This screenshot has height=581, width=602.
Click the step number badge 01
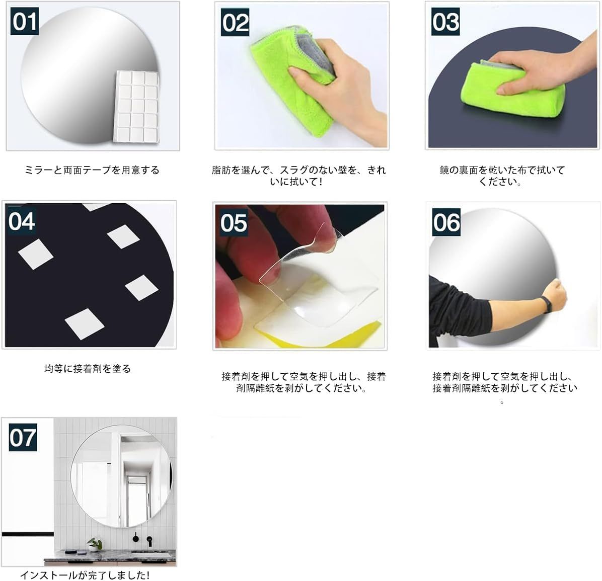point(25,22)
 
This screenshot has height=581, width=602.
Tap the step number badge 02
point(235,22)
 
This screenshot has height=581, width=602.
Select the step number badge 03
point(445,22)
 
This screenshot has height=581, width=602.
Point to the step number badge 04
point(22,221)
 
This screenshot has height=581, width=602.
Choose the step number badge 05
point(234,222)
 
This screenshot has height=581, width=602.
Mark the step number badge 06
point(446,222)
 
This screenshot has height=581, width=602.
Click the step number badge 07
point(23,438)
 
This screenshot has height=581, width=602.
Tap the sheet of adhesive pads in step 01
point(137,107)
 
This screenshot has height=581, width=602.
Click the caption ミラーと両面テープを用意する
point(92,170)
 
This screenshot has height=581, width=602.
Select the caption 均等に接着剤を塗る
point(88,369)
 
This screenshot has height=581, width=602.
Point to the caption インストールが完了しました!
point(85,575)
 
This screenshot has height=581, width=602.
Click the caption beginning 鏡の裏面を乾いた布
point(502,176)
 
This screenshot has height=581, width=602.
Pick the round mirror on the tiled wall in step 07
point(122,476)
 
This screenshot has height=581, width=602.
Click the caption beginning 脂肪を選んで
point(298,176)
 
